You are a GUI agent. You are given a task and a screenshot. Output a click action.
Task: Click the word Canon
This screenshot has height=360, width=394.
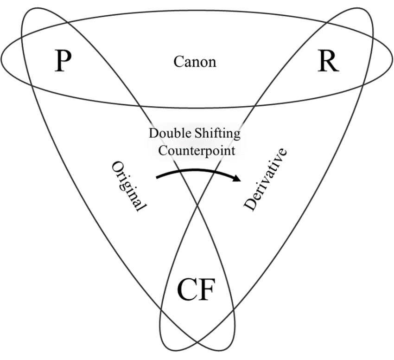pos(195,62)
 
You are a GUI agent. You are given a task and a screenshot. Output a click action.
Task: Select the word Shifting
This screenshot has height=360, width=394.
pos(220,135)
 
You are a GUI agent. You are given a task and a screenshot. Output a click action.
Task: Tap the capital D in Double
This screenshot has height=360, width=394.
pos(153,135)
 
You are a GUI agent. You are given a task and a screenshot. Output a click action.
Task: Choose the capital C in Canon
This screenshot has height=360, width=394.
pos(178,62)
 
